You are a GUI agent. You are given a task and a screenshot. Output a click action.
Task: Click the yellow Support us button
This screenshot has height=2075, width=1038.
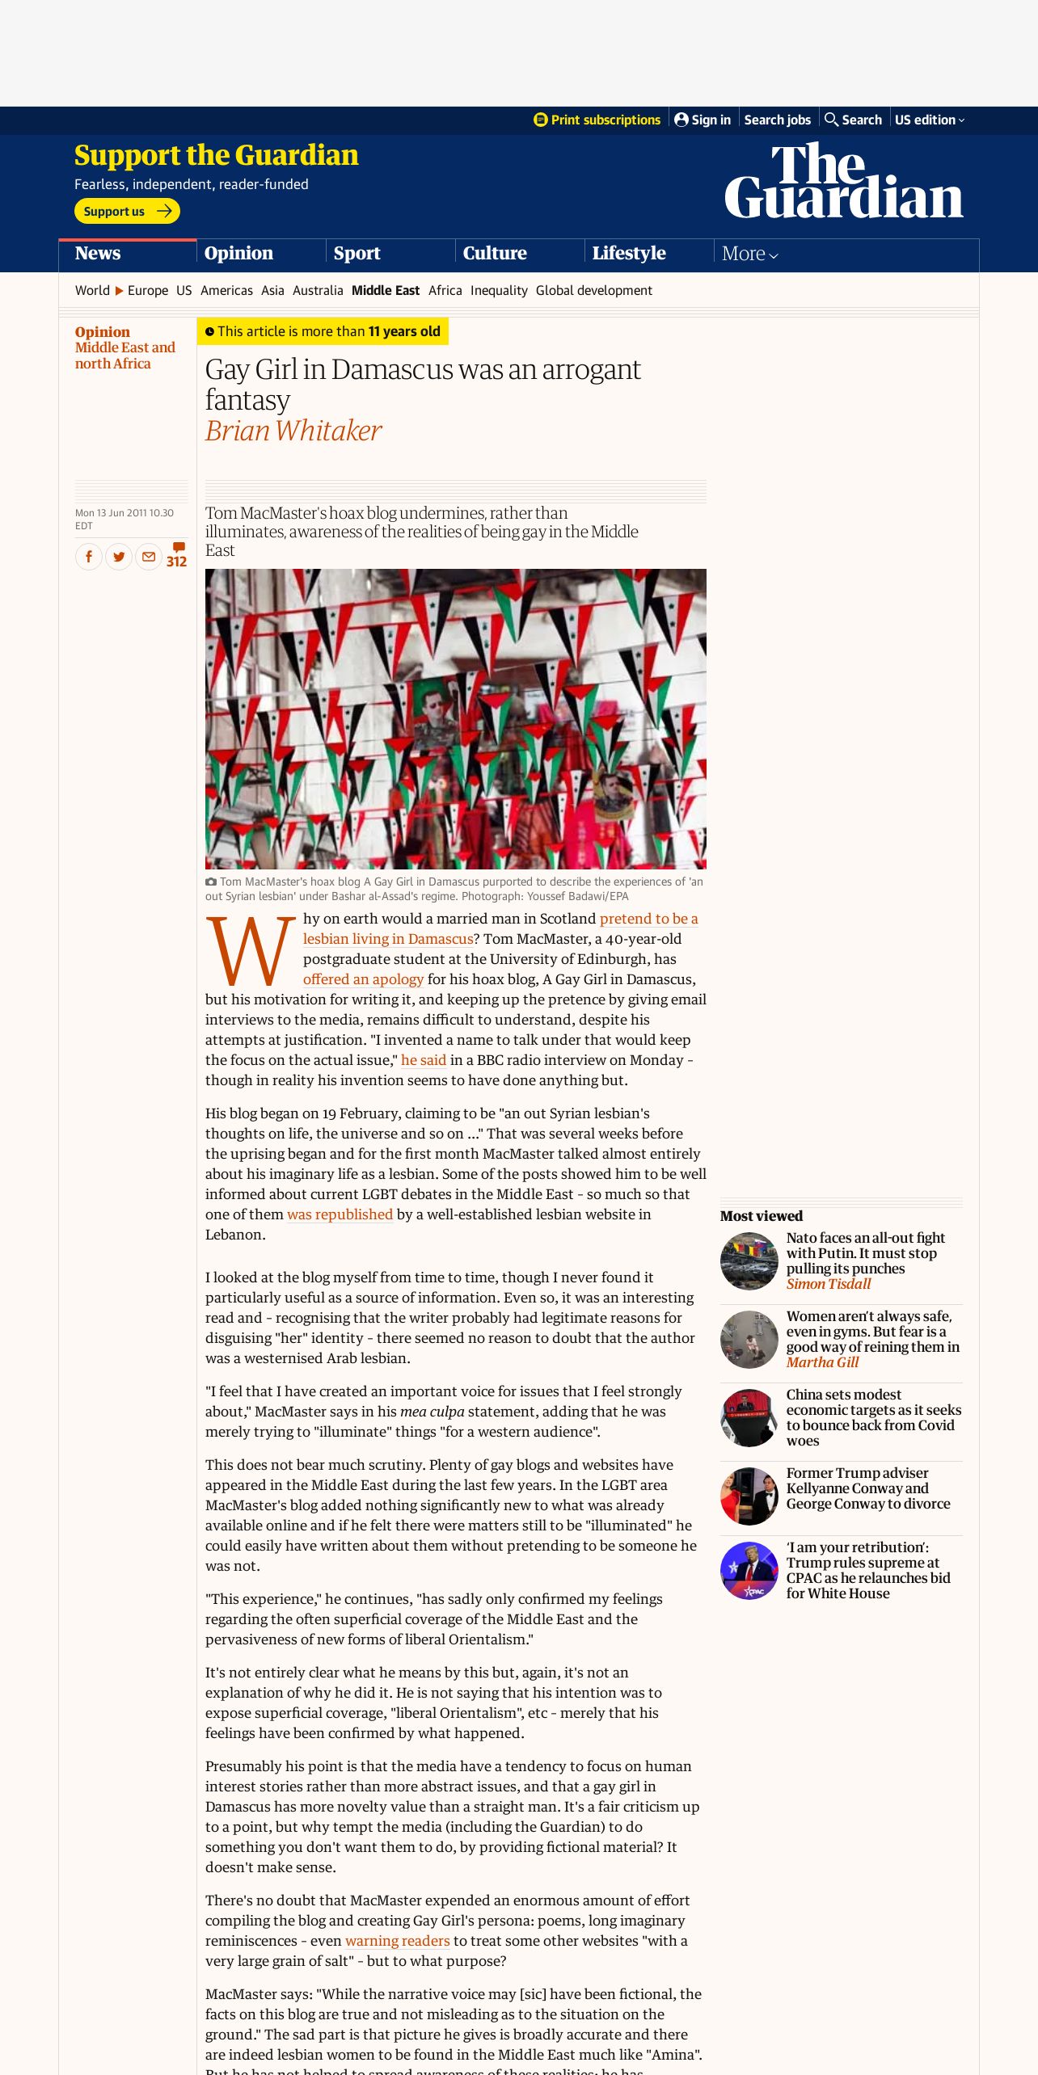[127, 211]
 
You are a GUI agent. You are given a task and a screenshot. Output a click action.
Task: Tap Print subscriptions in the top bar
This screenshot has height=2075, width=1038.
[597, 120]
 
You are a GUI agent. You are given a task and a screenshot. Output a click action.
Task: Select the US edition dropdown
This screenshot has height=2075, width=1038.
[929, 120]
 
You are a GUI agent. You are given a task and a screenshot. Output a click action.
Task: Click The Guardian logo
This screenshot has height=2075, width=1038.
[843, 181]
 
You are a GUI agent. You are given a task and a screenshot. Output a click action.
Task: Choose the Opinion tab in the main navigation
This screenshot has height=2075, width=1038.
[238, 253]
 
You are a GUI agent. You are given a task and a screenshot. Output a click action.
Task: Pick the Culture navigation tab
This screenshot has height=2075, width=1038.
[495, 253]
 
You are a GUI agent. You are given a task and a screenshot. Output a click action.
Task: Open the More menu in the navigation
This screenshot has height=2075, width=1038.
[749, 254]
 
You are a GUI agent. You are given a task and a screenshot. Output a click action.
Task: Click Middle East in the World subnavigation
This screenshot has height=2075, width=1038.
[385, 290]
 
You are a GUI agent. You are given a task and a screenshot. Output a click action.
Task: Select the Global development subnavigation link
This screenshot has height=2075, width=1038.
[593, 290]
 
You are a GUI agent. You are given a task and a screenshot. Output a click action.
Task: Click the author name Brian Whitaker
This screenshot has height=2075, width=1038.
[293, 431]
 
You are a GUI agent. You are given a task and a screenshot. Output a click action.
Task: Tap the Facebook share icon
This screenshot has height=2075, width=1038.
[89, 556]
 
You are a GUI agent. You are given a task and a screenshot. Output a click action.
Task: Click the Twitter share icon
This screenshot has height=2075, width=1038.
[119, 556]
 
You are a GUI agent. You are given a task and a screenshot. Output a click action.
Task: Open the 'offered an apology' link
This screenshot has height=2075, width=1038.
[363, 979]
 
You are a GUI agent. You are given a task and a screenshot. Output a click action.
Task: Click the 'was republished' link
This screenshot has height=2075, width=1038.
[340, 1214]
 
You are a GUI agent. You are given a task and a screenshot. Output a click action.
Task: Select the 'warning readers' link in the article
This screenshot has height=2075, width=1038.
[397, 1941]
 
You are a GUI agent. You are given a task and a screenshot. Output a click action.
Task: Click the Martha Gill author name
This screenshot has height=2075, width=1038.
[822, 1362]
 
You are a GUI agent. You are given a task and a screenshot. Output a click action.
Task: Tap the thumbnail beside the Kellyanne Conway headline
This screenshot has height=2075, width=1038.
[749, 1496]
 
